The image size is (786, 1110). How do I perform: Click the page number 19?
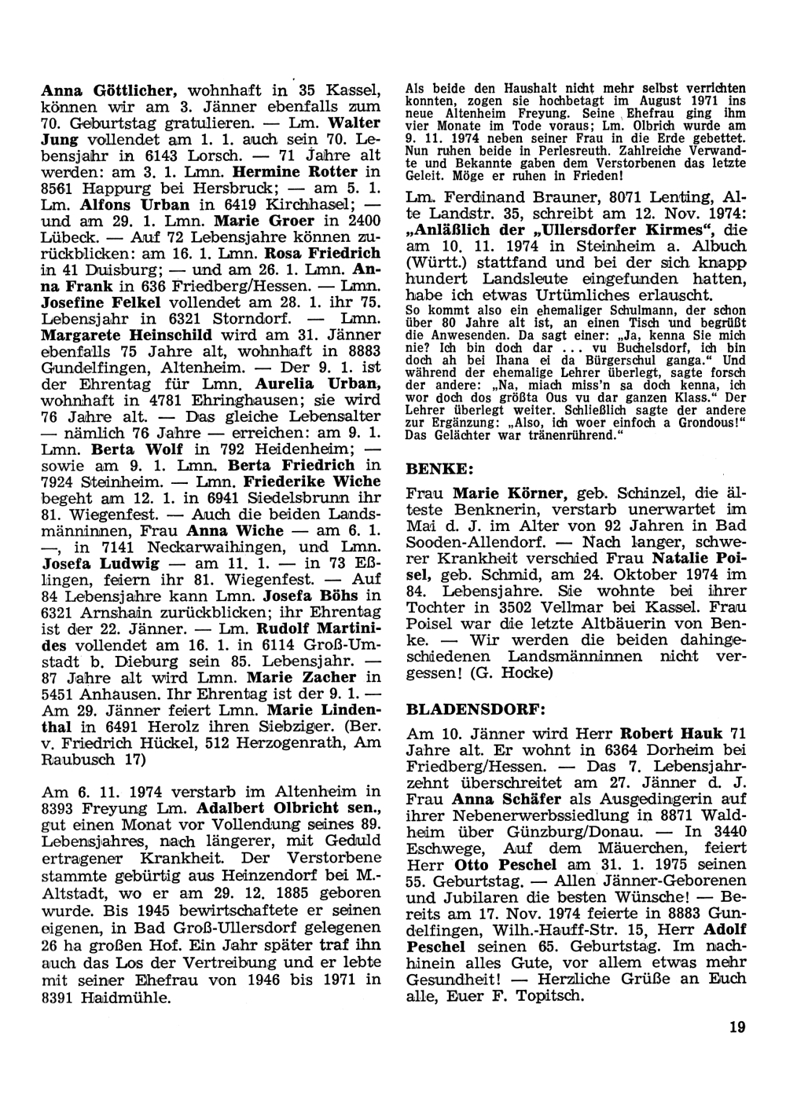tap(736, 1026)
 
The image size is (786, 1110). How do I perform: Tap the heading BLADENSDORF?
tap(476, 708)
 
